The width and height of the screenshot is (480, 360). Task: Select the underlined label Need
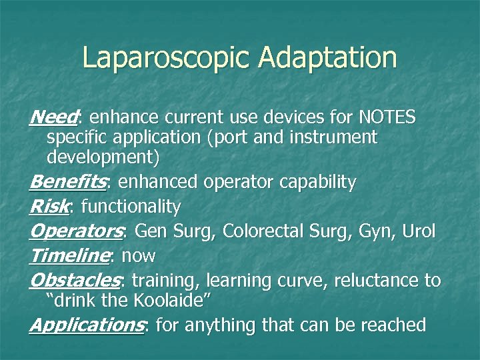[x=53, y=118]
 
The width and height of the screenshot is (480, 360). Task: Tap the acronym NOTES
[x=387, y=118]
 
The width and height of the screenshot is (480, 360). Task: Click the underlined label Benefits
[x=69, y=182]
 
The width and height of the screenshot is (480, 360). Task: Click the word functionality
[x=130, y=207]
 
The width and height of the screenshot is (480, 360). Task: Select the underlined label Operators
[x=76, y=232]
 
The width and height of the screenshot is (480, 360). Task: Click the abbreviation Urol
[x=418, y=232]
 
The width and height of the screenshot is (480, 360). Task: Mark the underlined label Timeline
[x=69, y=256]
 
